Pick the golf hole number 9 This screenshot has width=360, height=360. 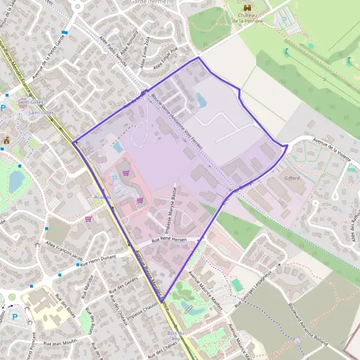coord(323,79)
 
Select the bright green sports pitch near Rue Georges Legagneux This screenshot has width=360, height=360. coord(238,285)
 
